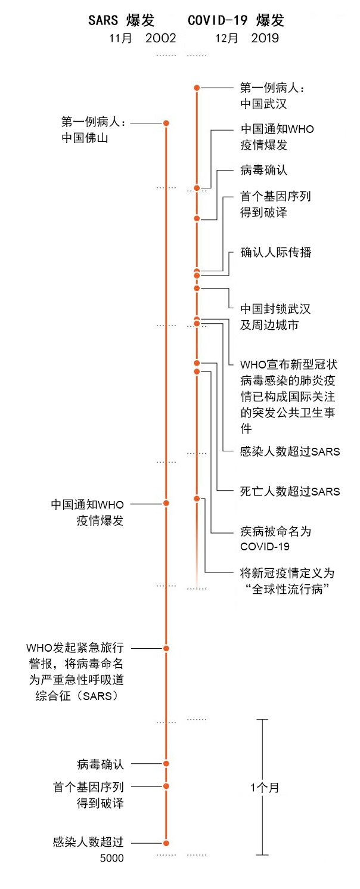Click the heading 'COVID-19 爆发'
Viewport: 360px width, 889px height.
pyautogui.click(x=236, y=21)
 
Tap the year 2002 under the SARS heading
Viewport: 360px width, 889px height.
pyautogui.click(x=158, y=39)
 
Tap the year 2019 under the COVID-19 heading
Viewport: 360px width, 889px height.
pyautogui.click(x=265, y=39)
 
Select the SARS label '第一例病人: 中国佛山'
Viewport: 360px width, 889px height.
pyautogui.click(x=93, y=130)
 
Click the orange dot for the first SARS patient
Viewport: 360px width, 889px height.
pyautogui.click(x=166, y=123)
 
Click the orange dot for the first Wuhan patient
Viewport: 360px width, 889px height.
pyautogui.click(x=197, y=88)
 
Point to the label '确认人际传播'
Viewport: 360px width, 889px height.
pyautogui.click(x=276, y=252)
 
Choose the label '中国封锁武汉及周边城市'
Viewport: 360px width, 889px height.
pyautogui.click(x=275, y=317)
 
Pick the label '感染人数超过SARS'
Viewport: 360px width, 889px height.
pyautogui.click(x=290, y=451)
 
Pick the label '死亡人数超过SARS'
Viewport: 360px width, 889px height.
pyautogui.click(x=290, y=491)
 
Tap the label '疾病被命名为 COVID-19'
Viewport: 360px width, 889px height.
pyautogui.click(x=275, y=538)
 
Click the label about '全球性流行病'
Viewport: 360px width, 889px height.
pyautogui.click(x=287, y=582)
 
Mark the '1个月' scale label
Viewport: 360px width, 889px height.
pyautogui.click(x=265, y=788)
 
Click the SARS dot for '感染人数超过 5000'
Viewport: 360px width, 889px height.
pyautogui.click(x=166, y=843)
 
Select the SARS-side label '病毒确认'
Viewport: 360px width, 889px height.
pyautogui.click(x=100, y=764)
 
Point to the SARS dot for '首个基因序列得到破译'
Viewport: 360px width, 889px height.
pyautogui.click(x=166, y=786)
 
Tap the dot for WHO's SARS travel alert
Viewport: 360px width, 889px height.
pyautogui.click(x=166, y=648)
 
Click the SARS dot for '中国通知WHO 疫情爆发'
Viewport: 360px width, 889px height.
pyautogui.click(x=166, y=503)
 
